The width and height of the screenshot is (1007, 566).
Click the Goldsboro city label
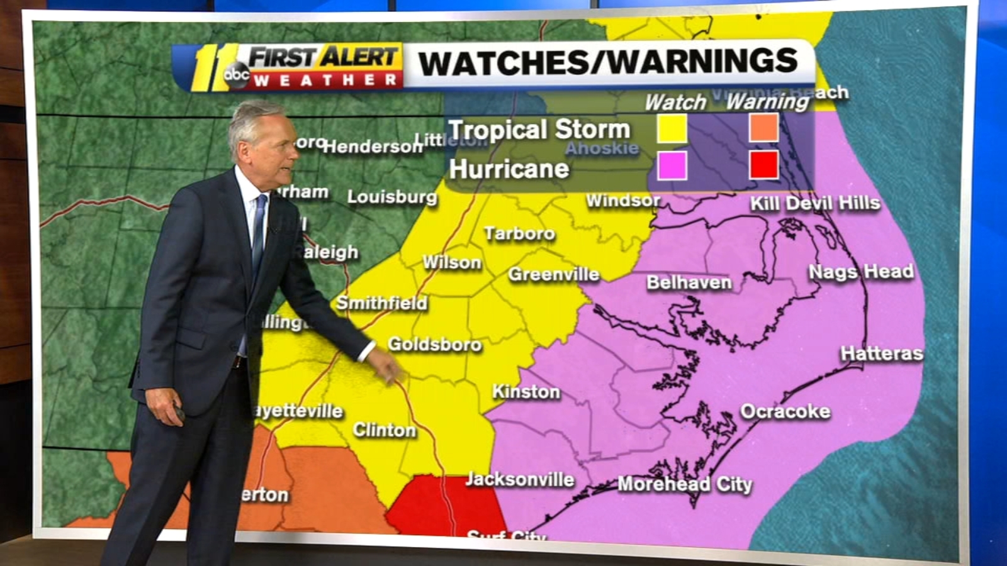point(434,344)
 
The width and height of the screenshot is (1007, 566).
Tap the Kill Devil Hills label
point(815,203)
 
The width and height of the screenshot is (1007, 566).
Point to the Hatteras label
point(882,353)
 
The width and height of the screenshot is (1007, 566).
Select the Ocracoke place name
point(785,411)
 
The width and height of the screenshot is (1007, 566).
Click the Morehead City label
point(685,484)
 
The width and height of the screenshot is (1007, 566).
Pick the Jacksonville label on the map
point(520,480)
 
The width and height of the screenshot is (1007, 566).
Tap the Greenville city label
point(554,274)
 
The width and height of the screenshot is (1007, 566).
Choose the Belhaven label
point(689,282)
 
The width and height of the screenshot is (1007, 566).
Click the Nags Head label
point(860,272)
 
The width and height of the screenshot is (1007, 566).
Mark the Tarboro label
point(519,234)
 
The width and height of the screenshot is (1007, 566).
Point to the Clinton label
point(384,430)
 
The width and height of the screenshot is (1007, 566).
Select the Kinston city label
point(526,392)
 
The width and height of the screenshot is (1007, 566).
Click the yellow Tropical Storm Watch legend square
point(672,128)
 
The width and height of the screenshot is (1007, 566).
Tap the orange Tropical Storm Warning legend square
point(764,128)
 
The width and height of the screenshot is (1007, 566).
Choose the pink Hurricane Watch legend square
point(672,166)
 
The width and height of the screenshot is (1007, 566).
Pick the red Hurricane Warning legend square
point(764,165)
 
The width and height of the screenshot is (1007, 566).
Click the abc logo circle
point(237,75)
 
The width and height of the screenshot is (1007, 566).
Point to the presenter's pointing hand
point(387,365)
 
